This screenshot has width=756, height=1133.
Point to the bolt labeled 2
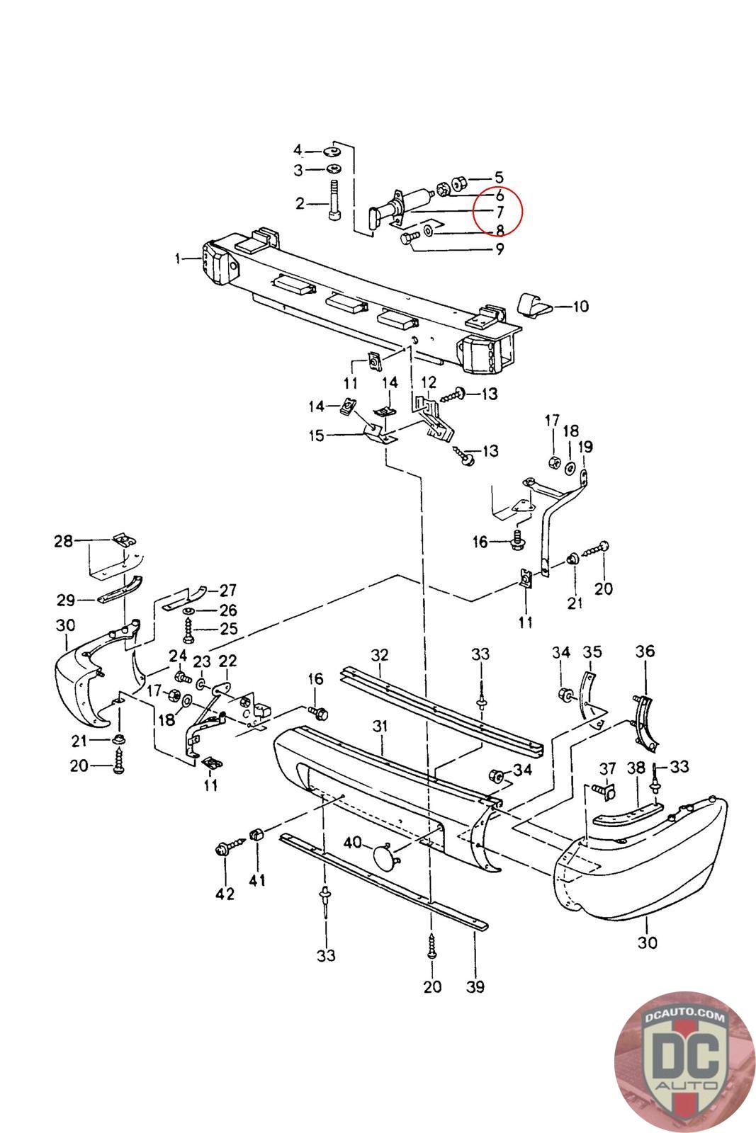pos(334,203)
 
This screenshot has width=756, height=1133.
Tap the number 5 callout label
pos(499,178)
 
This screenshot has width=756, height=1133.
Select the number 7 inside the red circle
pos(500,212)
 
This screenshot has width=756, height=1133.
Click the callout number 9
pos(500,249)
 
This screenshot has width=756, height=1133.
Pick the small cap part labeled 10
pos(535,304)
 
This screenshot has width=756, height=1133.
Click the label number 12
pos(429,382)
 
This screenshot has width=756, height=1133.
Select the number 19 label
pos(585,447)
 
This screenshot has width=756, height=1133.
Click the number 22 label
pos(227,661)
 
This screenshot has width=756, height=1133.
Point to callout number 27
pos(227,590)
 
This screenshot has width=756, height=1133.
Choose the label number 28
pos(64,541)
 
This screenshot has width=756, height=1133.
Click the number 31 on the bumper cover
pos(381,726)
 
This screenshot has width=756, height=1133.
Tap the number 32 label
pos(380,654)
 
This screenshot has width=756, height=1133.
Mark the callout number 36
pos(645,651)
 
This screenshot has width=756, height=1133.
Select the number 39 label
pos(475,986)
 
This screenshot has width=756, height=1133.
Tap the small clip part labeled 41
pos(256,835)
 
